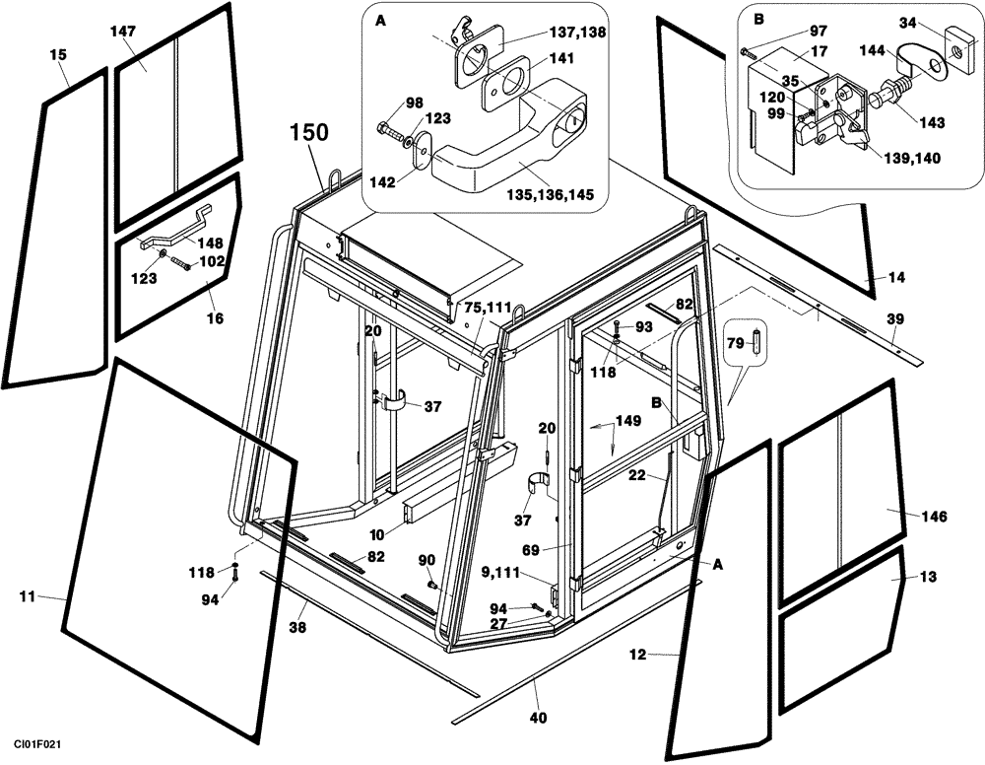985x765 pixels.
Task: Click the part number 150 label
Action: pyautogui.click(x=308, y=132)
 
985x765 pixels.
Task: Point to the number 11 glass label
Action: pyautogui.click(x=28, y=596)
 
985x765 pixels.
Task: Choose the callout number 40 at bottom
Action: pyautogui.click(x=538, y=718)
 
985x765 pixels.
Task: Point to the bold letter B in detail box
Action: pyautogui.click(x=757, y=20)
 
